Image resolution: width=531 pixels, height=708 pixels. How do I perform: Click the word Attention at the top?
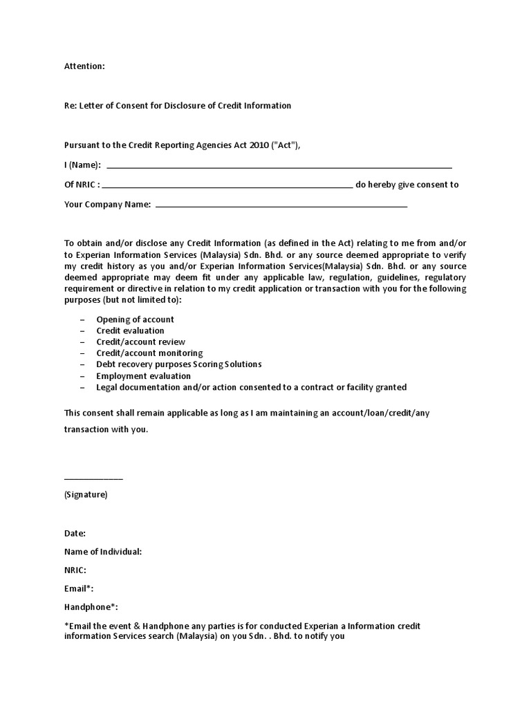click(x=84, y=66)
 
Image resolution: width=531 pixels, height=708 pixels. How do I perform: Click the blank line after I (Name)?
click(x=279, y=167)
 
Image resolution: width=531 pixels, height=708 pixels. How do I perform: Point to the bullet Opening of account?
click(x=135, y=319)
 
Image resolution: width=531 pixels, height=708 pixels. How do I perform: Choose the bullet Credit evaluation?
click(x=130, y=330)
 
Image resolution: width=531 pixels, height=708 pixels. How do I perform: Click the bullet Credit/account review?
click(x=140, y=342)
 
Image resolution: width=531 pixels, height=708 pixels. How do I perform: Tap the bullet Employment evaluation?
click(x=143, y=376)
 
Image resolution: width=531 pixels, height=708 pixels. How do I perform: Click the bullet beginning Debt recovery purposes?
click(x=178, y=364)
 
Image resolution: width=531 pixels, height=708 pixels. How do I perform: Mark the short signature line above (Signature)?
click(x=93, y=478)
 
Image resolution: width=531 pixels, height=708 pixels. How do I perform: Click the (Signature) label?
click(x=86, y=495)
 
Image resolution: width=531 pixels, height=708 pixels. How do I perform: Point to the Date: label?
click(x=75, y=534)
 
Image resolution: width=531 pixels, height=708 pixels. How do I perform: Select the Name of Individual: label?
click(x=103, y=552)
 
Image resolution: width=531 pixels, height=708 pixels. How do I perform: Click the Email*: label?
click(x=79, y=588)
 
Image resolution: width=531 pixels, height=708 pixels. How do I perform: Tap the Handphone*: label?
click(x=91, y=607)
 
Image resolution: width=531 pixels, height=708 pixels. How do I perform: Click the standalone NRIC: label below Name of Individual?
click(x=75, y=570)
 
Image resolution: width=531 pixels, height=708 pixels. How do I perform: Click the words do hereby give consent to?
click(x=407, y=185)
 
